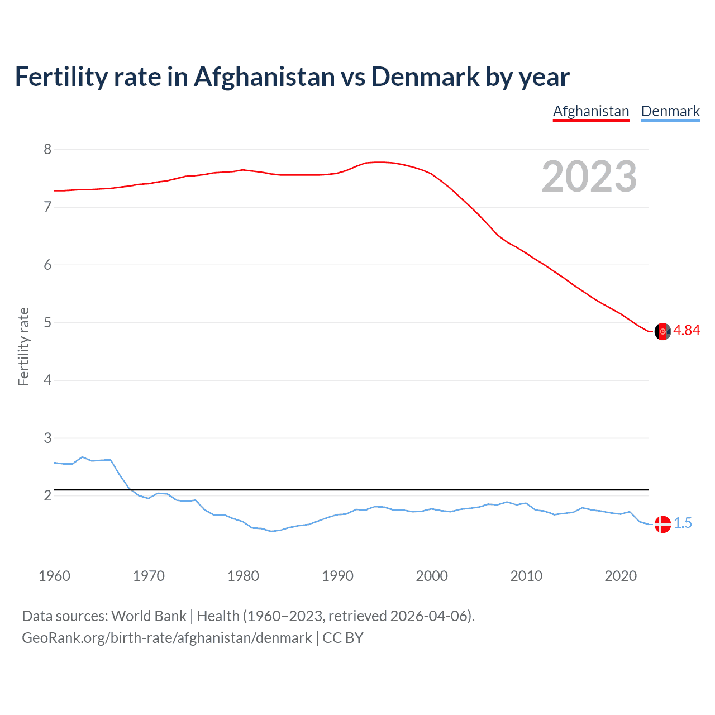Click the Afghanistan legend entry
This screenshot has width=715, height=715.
coord(591,112)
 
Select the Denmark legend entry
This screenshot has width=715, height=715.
coord(670,112)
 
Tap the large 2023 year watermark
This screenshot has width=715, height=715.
coord(589,177)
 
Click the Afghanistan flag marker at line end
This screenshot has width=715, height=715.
coord(662,331)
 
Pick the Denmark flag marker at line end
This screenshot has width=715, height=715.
coord(662,524)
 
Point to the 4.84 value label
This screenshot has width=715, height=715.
coord(687,331)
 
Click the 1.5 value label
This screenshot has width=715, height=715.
coord(683,523)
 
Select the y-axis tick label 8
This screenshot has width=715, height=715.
coord(47,150)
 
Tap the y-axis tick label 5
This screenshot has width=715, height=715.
coord(47,323)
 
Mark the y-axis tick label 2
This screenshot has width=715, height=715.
coord(47,496)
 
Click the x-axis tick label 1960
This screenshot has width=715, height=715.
coord(54,576)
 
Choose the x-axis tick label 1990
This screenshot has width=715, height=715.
coord(337,576)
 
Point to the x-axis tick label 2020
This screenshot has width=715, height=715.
coord(621,576)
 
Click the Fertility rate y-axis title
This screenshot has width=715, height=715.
coord(23,346)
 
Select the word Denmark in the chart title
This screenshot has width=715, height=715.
coord(425,77)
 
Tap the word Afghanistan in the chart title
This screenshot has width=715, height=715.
coord(264,77)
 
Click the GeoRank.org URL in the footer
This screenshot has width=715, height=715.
coord(166,638)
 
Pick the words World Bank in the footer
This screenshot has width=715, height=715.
coord(149,616)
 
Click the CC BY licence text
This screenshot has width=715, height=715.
coord(343,638)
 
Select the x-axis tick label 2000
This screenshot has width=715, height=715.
coord(432,576)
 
